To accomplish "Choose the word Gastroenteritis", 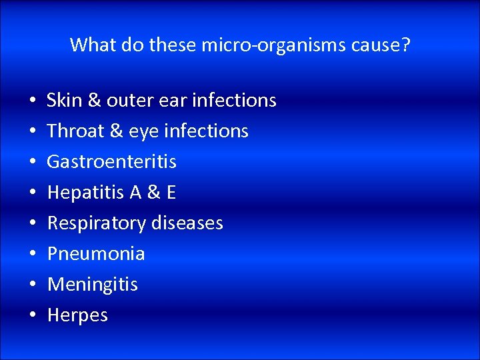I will [x=112, y=161].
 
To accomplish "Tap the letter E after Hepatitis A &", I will [x=171, y=192].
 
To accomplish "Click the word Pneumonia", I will [x=96, y=253].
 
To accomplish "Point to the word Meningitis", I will [x=93, y=285].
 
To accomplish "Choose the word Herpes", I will [x=77, y=315].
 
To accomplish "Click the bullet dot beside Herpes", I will [x=33, y=315].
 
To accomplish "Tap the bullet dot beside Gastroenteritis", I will [x=33, y=162].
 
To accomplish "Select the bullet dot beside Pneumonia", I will [x=33, y=254].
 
